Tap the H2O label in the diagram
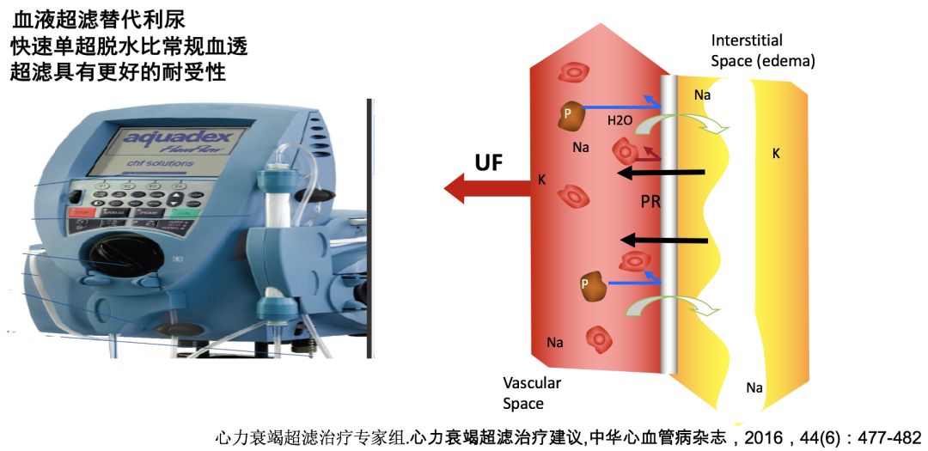tap(620, 122)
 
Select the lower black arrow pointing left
tap(665, 240)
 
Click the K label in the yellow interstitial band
tap(776, 155)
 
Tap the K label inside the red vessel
tap(541, 180)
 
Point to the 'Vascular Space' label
tap(533, 393)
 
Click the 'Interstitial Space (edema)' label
tap(763, 52)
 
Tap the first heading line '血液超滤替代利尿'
tap(99, 19)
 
